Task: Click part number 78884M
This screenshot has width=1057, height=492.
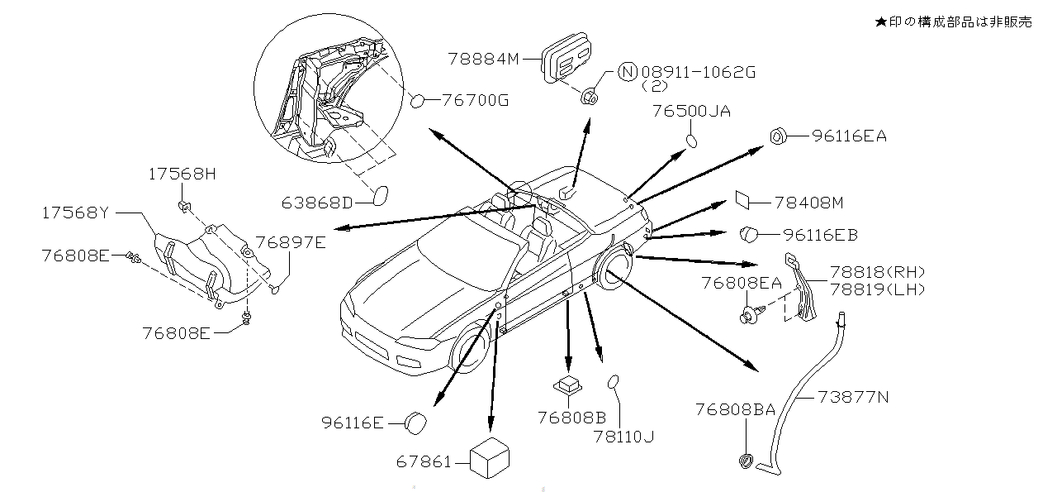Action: click(482, 59)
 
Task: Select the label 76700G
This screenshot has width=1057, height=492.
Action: click(475, 101)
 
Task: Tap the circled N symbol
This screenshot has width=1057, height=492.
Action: click(628, 72)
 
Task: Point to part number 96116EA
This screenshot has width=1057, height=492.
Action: click(849, 136)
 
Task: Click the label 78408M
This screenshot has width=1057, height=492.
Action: click(809, 202)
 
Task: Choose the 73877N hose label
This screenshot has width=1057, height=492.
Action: click(853, 396)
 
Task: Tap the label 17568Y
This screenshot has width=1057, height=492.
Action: click(76, 213)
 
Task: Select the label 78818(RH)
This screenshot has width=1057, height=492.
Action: click(877, 272)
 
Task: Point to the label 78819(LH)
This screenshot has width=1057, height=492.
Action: click(877, 289)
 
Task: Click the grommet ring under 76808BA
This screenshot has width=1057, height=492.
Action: click(746, 461)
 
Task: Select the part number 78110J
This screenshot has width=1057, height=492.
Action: click(623, 436)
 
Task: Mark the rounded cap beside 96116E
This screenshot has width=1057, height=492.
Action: click(415, 423)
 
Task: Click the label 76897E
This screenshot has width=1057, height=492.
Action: click(290, 242)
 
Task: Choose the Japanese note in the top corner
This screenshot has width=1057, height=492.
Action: click(952, 22)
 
